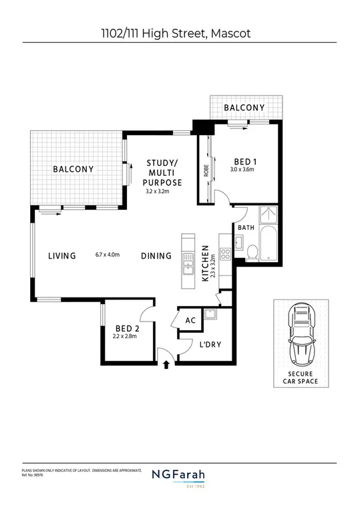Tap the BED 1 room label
pyautogui.click(x=245, y=161)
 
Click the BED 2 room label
pyautogui.click(x=127, y=328)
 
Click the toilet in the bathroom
pyautogui.click(x=252, y=252)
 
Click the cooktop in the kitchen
pyautogui.click(x=225, y=253)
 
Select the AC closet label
pyautogui.click(x=190, y=320)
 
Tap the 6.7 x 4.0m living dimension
pyautogui.click(x=107, y=254)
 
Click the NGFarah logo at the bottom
pyautogui.click(x=180, y=476)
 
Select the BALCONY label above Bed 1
pyautogui.click(x=244, y=108)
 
